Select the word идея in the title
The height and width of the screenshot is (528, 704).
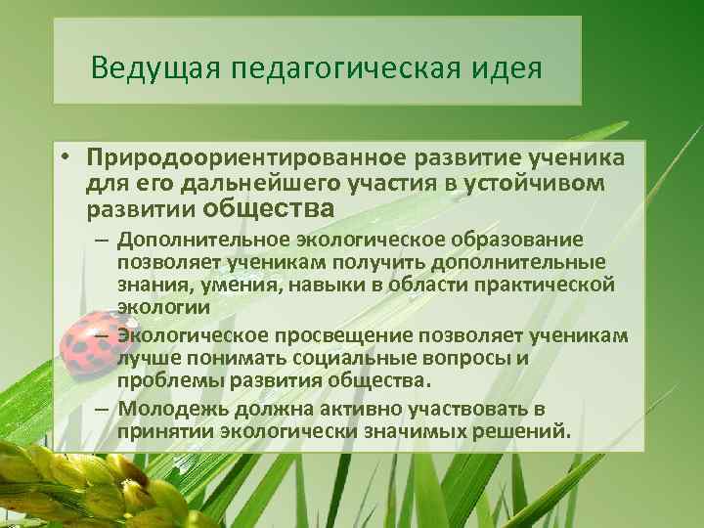(x=505, y=70)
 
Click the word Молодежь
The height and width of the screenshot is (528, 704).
(x=168, y=409)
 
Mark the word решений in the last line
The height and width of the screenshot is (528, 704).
(x=524, y=430)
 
